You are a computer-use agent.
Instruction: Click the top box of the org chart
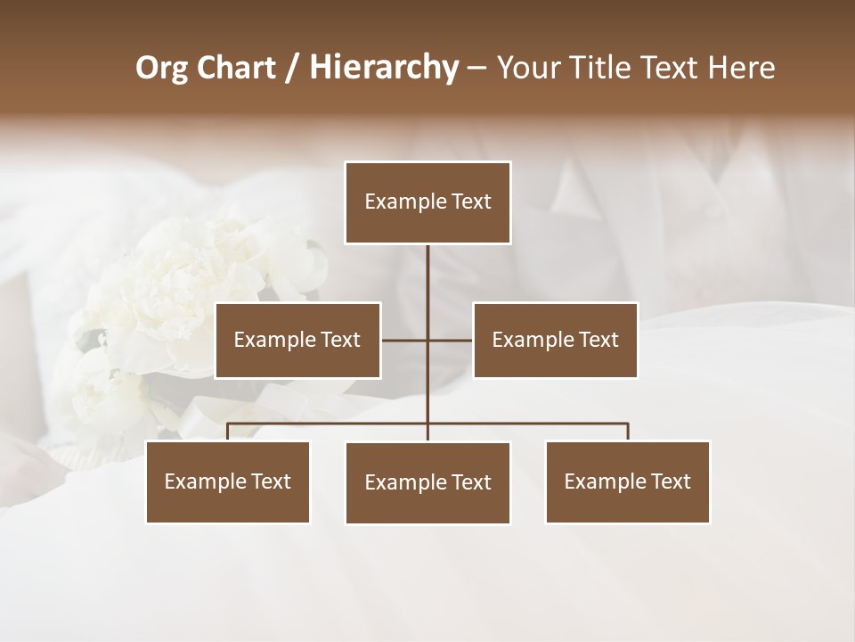click(427, 202)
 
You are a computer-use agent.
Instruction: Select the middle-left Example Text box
click(297, 340)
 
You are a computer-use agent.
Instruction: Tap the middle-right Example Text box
click(555, 340)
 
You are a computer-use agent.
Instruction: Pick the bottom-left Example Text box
click(228, 481)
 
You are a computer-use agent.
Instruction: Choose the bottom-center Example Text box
click(427, 482)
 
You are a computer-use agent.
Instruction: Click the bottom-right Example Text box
click(627, 481)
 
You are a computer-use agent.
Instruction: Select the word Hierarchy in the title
click(384, 68)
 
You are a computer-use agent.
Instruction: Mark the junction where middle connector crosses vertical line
click(427, 340)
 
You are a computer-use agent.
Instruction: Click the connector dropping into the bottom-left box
click(228, 432)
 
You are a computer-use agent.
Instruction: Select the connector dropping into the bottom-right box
click(628, 432)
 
